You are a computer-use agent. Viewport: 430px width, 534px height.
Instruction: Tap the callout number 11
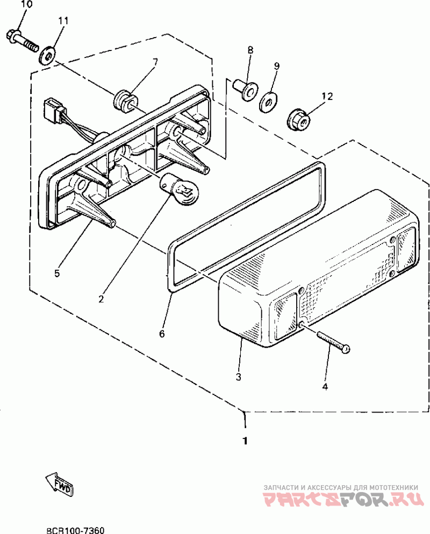(63, 21)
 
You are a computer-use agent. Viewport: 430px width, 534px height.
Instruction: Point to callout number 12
(327, 97)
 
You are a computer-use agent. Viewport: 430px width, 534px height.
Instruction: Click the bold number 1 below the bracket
(245, 441)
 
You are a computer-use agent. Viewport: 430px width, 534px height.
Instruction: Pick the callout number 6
(162, 333)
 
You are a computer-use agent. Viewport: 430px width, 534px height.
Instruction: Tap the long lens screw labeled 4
(333, 342)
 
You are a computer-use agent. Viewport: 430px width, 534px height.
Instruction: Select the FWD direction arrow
(60, 483)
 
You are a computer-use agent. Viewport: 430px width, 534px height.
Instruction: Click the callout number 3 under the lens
(238, 376)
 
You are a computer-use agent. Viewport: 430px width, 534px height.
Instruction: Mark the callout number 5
(57, 273)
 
